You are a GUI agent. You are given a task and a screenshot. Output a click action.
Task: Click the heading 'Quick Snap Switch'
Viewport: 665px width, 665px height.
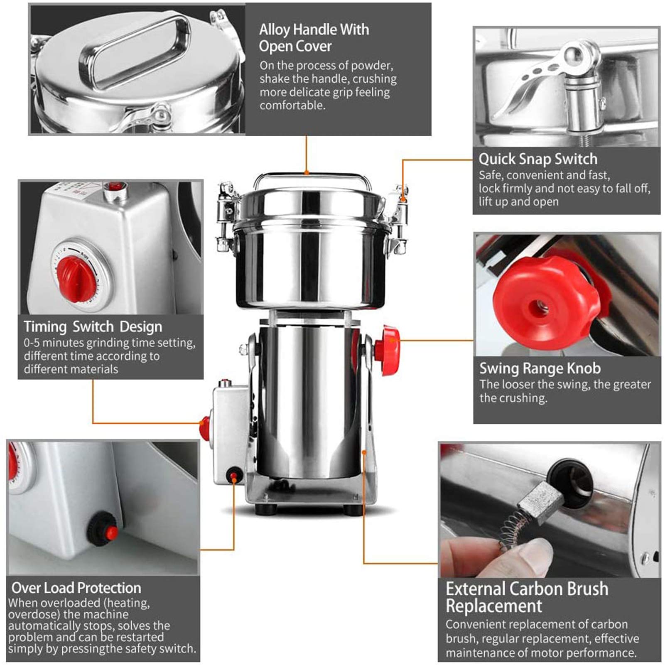pyautogui.click(x=537, y=159)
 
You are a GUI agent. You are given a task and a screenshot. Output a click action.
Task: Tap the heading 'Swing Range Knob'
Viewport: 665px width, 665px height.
pyautogui.click(x=540, y=368)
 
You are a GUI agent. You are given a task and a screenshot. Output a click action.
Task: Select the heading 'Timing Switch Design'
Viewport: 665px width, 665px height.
pyautogui.click(x=93, y=327)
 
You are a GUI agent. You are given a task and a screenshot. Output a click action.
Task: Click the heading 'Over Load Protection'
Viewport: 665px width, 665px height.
pyautogui.click(x=76, y=588)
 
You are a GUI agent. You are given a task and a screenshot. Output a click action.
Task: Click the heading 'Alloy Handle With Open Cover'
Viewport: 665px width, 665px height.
pyautogui.click(x=314, y=38)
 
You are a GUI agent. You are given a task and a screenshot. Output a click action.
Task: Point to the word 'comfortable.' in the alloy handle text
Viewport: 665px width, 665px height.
pyautogui.click(x=292, y=106)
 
